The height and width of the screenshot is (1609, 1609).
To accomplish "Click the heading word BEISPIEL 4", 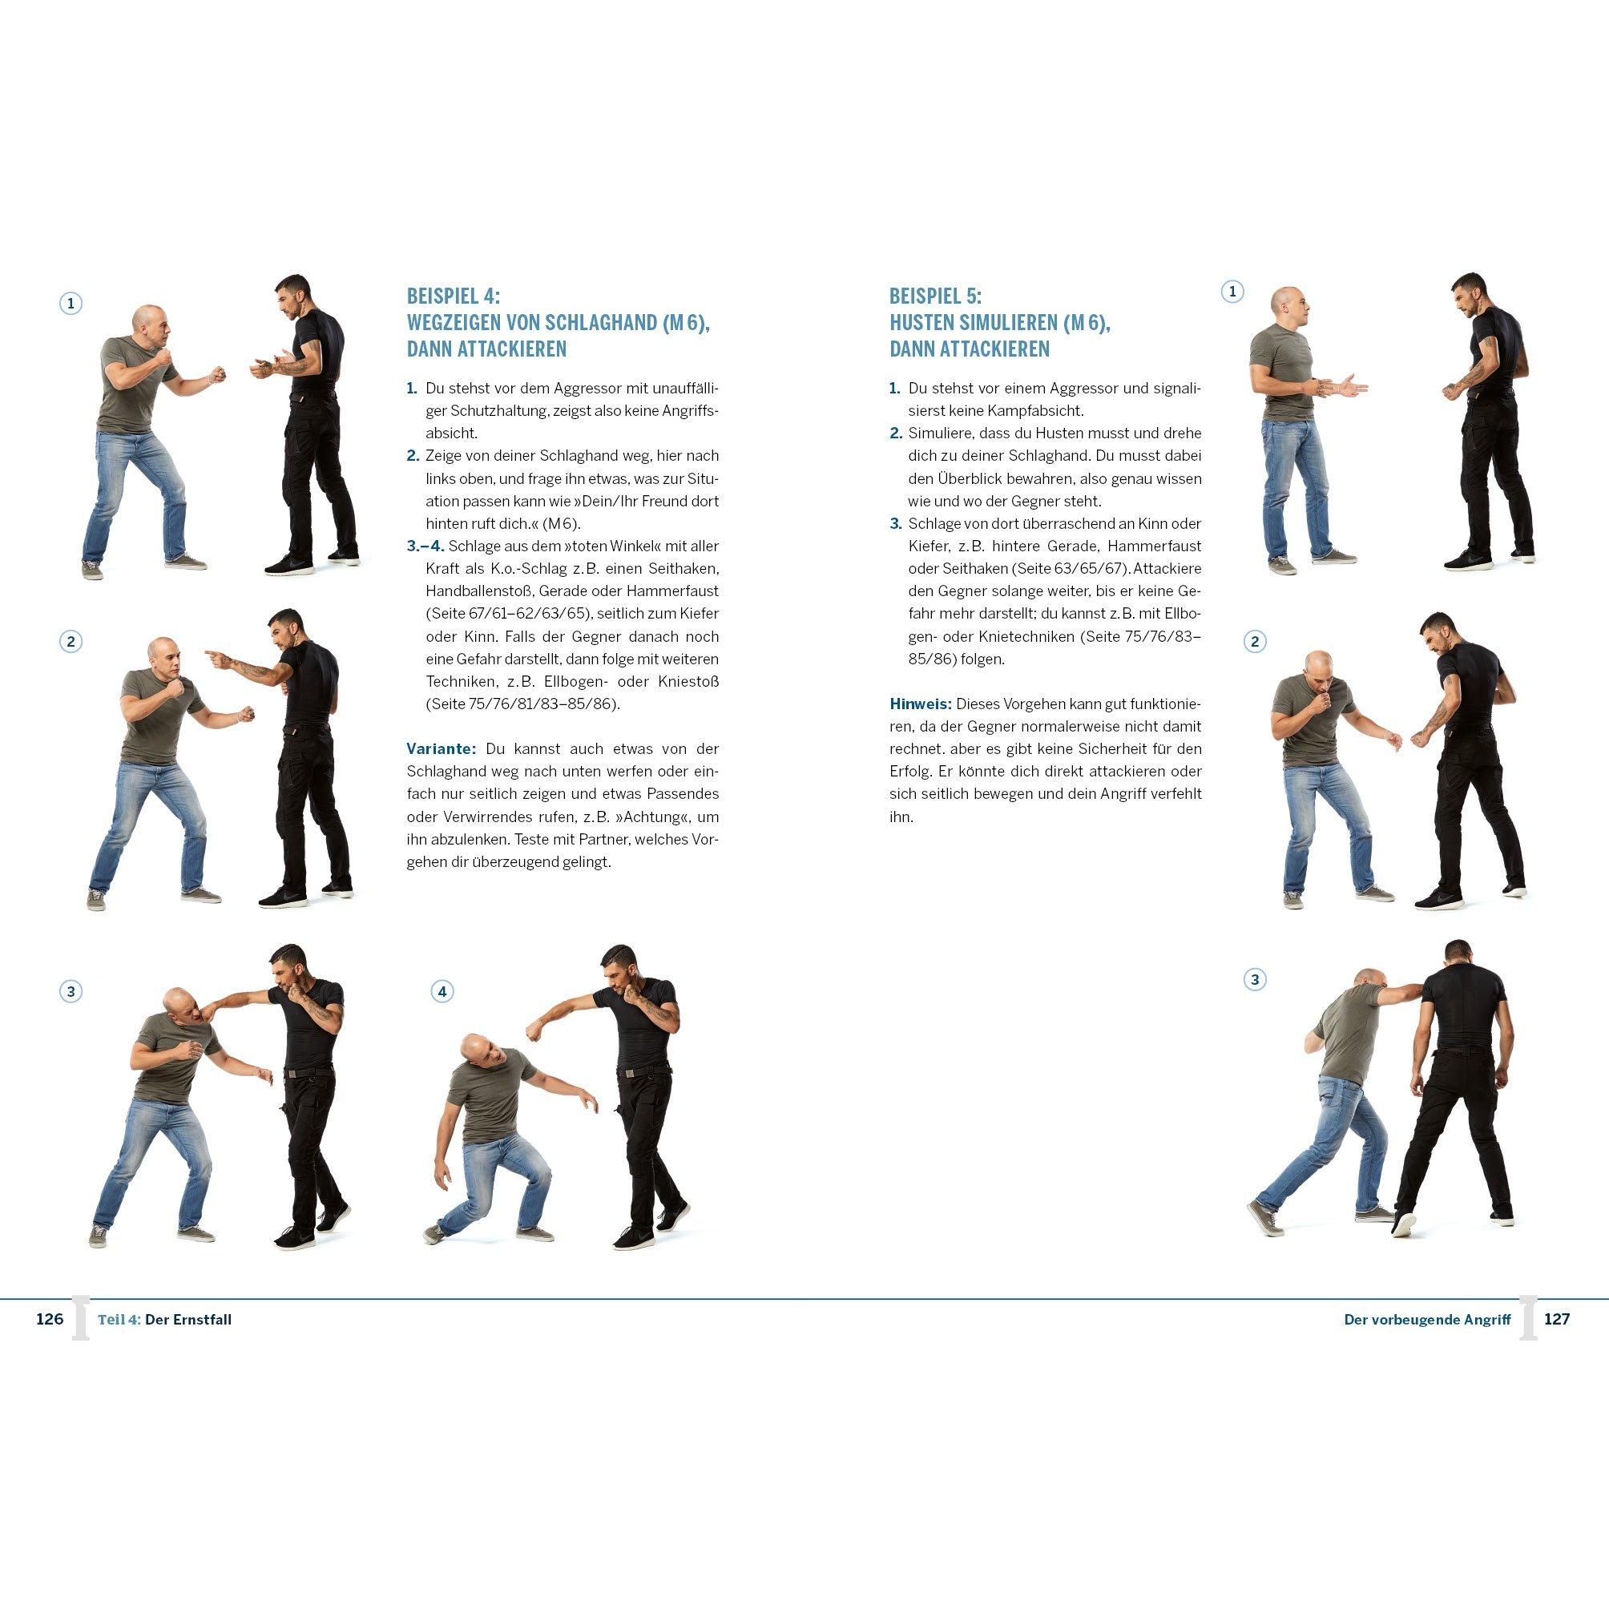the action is click(452, 296).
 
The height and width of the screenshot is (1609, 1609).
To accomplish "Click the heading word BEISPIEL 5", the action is click(935, 296).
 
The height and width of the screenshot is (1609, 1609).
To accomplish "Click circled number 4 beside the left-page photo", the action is click(442, 992).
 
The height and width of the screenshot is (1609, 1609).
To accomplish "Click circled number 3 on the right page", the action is click(1254, 980).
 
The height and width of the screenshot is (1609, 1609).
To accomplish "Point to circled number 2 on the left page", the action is click(71, 641).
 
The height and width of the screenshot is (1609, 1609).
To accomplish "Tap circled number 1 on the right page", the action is click(1232, 292).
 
